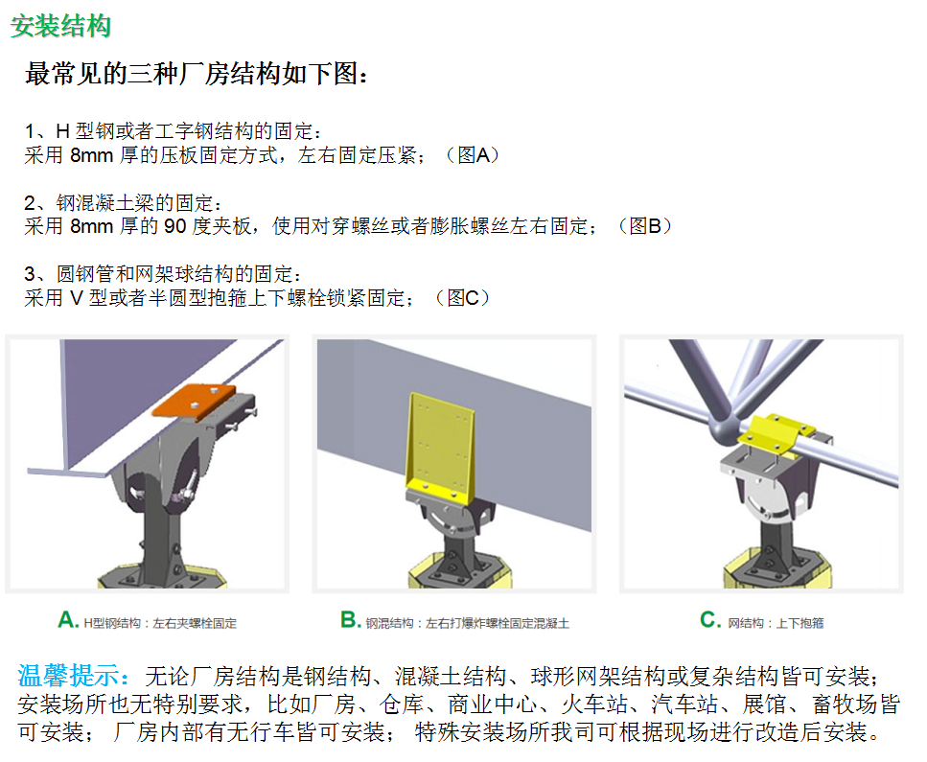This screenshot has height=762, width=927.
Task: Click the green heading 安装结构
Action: (x=61, y=27)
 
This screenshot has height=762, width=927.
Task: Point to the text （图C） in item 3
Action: (x=462, y=298)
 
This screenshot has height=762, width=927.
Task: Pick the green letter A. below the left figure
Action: (x=68, y=620)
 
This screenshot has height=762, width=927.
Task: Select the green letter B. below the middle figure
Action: (x=351, y=620)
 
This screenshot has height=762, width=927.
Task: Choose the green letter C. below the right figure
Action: (x=710, y=620)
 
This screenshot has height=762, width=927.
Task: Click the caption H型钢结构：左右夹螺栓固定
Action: (x=160, y=623)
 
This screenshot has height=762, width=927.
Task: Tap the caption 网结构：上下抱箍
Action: (x=776, y=623)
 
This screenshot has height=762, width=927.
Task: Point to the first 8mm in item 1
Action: (x=91, y=155)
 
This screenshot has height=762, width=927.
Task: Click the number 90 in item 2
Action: (x=175, y=226)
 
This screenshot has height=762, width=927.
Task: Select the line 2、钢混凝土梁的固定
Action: (x=123, y=203)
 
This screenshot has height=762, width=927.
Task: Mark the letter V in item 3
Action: (x=77, y=298)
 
